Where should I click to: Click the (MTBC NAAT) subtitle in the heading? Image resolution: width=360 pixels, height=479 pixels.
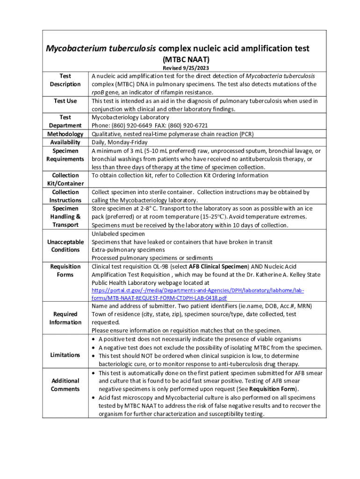coord(186,59)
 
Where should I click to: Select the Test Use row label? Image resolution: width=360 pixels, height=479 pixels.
coord(65,101)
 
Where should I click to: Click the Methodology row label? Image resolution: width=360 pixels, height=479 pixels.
coord(65,134)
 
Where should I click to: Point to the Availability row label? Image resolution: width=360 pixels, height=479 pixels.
coord(65,142)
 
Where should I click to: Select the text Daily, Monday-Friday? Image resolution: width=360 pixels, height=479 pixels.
coord(119,142)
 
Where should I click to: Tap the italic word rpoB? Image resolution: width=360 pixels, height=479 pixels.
coord(98,93)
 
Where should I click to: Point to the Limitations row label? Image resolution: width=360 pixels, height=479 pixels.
coord(65,355)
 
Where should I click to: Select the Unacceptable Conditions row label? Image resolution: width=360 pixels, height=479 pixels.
coord(65,246)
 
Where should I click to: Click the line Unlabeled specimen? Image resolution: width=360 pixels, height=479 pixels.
coord(118,234)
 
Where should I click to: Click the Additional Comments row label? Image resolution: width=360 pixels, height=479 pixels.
coord(65,385)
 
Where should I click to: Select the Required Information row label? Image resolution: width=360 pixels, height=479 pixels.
coord(65,318)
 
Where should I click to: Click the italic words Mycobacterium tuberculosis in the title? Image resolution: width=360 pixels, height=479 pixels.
coord(101,49)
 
